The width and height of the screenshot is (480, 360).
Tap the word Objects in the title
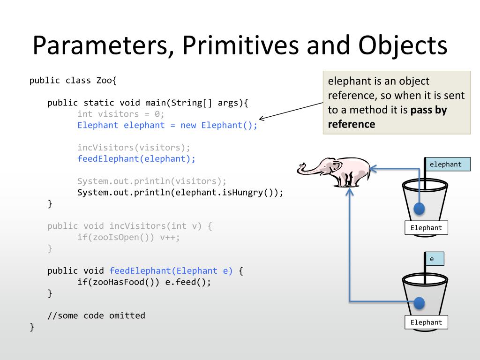tap(403, 46)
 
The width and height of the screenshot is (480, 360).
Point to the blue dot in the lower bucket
tap(419, 303)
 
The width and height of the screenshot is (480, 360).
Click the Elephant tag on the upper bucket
tap(426, 228)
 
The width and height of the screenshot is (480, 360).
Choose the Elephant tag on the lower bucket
tap(426, 322)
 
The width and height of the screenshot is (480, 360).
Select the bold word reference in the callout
tap(352, 124)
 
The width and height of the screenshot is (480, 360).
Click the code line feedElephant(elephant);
tap(136, 159)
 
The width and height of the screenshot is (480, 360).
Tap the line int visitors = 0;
tap(121, 114)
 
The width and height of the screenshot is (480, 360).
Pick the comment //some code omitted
tap(96, 315)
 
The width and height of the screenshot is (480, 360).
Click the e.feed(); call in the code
tap(188, 282)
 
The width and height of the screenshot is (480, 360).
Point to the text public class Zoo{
tap(73, 80)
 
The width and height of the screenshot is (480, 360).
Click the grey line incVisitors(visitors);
tap(134, 148)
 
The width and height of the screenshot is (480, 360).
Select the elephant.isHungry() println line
tap(180, 193)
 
